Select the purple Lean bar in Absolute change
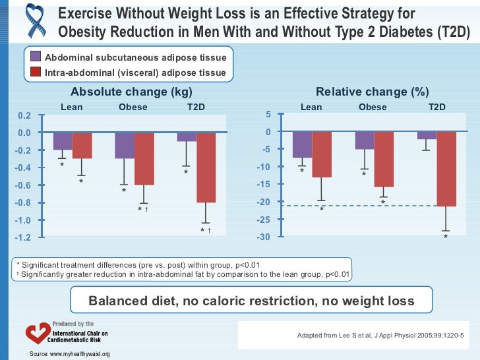pyautogui.click(x=63, y=141)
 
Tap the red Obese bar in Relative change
pyautogui.click(x=383, y=159)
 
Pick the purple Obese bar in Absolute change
pyautogui.click(x=125, y=146)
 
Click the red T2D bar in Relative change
pyautogui.click(x=446, y=169)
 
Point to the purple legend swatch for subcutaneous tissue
pyautogui.click(x=36, y=57)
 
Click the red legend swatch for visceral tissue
pyautogui.click(x=36, y=73)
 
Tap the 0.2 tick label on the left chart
pyautogui.click(x=24, y=115)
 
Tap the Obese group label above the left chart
pyautogui.click(x=133, y=107)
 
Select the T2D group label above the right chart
pyautogui.click(x=437, y=107)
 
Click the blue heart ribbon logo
pyautogui.click(x=26, y=22)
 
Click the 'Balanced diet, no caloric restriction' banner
pyautogui.click(x=252, y=301)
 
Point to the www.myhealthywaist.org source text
pyautogui.click(x=69, y=355)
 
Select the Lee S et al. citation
pyautogui.click(x=380, y=336)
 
